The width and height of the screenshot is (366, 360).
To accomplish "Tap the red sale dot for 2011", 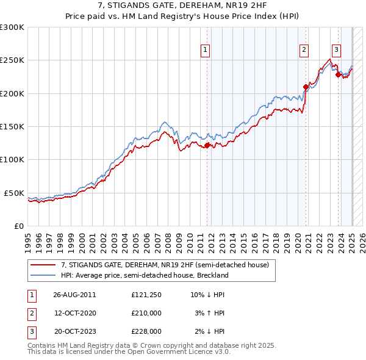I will pyautogui.click(x=207, y=145).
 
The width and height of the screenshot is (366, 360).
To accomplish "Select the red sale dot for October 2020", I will pyautogui.click(x=306, y=87).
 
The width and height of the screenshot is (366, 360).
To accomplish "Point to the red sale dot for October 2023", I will pyautogui.click(x=338, y=74).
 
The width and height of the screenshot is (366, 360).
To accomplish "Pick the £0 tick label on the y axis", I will pyautogui.click(x=18, y=226).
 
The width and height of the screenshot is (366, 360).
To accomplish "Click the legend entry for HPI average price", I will pyautogui.click(x=144, y=275).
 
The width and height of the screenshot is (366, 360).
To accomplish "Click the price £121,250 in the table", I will pyautogui.click(x=146, y=295).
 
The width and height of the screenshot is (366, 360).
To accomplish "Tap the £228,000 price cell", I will pyautogui.click(x=146, y=331).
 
